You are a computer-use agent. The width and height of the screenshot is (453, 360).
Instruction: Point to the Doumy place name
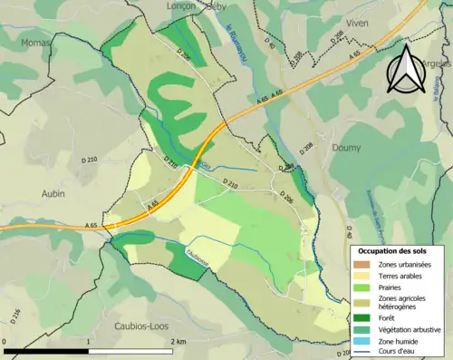(346, 147)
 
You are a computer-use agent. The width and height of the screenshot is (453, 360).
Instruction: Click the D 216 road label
(15, 316)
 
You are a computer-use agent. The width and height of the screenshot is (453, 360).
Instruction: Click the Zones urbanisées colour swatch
(360, 263)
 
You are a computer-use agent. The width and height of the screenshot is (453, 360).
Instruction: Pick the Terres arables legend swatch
(360, 275)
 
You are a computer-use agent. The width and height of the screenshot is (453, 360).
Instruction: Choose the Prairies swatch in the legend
(360, 287)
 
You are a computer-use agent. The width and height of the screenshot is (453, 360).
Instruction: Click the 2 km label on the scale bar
(177, 342)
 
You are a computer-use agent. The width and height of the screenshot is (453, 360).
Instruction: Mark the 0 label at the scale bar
(5, 342)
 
